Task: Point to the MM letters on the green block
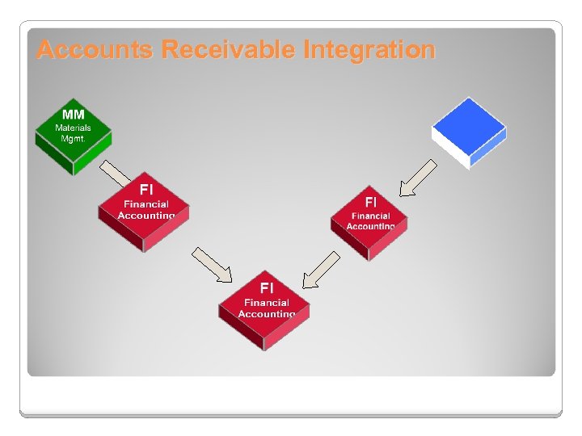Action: pyautogui.click(x=73, y=115)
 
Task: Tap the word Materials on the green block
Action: pyautogui.click(x=73, y=128)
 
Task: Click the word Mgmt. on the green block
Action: pyautogui.click(x=73, y=138)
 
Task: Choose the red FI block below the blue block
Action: pyautogui.click(x=370, y=218)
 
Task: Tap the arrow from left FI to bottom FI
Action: pyautogui.click(x=212, y=265)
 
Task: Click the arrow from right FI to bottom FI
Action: pyautogui.click(x=321, y=270)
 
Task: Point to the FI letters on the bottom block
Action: pyautogui.click(x=266, y=287)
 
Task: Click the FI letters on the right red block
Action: pyautogui.click(x=370, y=202)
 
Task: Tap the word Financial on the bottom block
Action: pyautogui.click(x=266, y=302)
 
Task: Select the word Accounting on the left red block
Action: pyautogui.click(x=145, y=216)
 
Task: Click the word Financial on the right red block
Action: pyautogui.click(x=370, y=216)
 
